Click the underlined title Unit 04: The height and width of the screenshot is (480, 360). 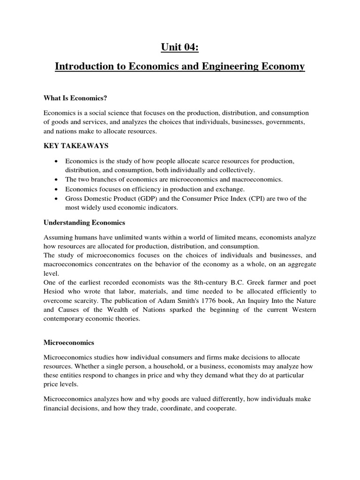click(180, 47)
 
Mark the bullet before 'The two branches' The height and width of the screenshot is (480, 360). click(57, 180)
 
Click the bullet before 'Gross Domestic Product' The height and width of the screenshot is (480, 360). click(57, 199)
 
